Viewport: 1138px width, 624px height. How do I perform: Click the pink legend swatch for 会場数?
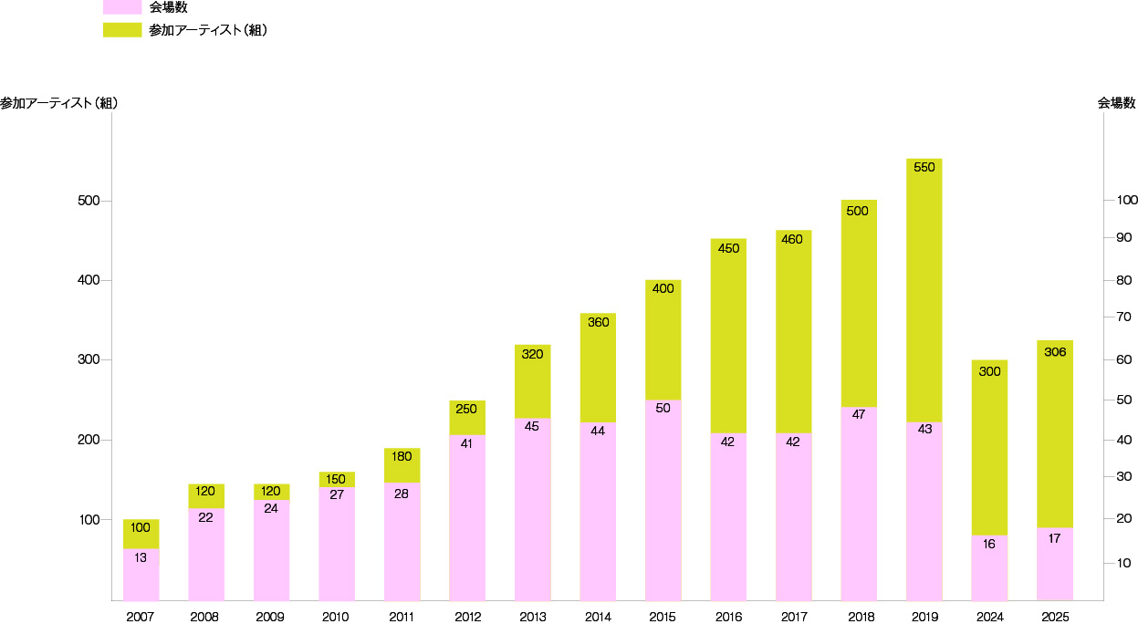(122, 7)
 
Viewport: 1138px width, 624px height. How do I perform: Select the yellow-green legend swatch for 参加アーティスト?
(122, 29)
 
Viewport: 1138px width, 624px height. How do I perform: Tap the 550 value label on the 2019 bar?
(924, 167)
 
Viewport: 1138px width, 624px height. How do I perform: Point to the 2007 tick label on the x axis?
(141, 617)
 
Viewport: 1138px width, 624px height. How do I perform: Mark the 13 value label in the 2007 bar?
(141, 557)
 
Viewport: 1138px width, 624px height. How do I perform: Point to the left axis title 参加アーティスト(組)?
(58, 103)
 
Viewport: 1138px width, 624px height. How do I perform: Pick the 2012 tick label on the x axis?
(466, 617)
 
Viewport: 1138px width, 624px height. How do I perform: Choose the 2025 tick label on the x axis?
(1054, 617)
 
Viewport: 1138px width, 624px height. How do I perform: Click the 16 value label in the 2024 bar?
(989, 544)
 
